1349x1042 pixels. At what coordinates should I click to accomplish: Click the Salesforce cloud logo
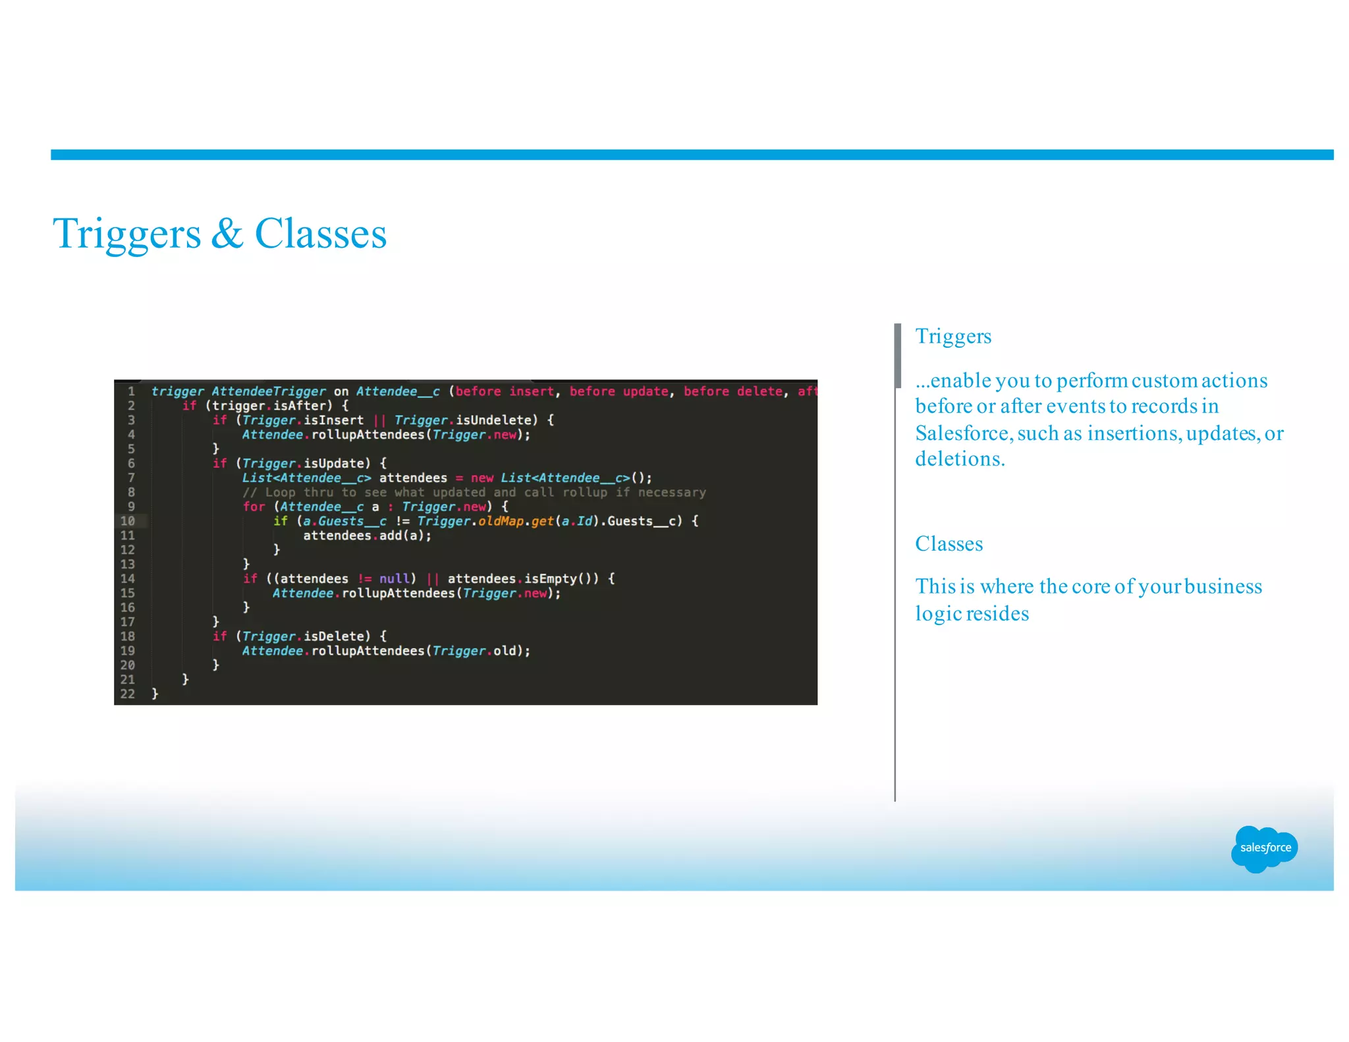pos(1264,848)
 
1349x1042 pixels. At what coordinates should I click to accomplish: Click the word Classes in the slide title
pos(320,234)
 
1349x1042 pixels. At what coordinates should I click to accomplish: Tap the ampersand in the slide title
pos(227,234)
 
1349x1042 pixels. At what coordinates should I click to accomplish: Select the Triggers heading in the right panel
pos(952,337)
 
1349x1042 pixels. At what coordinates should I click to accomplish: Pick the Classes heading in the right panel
pos(949,544)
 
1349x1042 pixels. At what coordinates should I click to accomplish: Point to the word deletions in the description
pos(959,459)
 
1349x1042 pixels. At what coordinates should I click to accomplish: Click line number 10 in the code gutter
pos(128,521)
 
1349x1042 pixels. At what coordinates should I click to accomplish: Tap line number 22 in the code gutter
pos(128,694)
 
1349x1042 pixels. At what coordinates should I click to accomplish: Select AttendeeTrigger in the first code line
pos(269,391)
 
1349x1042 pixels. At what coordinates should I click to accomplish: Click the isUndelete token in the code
pos(493,420)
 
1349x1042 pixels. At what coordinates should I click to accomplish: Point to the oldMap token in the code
pos(501,521)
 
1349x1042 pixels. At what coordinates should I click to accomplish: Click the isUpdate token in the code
pos(333,464)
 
